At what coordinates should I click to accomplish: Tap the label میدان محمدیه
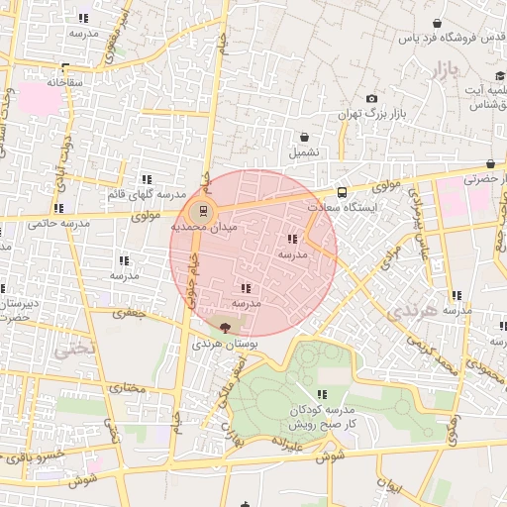pos(202,227)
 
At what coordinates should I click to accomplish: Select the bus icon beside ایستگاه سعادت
pos(342,193)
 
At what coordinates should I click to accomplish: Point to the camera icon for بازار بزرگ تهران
pos(371,99)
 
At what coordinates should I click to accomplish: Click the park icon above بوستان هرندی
pos(225,327)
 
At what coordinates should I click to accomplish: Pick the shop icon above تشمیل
pos(304,137)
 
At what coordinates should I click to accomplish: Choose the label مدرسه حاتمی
pos(58,224)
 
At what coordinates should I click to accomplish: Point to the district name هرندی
pos(409,313)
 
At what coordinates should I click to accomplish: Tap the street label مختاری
pos(126,387)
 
